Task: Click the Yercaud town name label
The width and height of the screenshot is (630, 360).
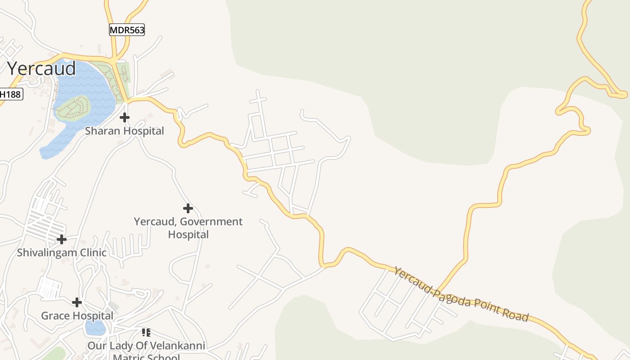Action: point(41,68)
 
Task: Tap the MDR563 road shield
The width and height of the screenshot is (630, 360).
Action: point(127,30)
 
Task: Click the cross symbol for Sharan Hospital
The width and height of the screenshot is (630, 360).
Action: point(125,117)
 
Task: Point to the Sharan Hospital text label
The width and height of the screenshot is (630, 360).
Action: point(125,131)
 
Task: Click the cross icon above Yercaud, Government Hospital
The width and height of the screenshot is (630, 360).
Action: point(188,208)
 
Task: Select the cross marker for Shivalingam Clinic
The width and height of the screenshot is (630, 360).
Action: point(61,239)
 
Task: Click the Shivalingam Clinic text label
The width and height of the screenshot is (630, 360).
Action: point(62,252)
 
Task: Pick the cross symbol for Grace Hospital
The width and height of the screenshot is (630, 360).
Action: point(77,302)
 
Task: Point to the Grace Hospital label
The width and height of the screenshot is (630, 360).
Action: point(77,315)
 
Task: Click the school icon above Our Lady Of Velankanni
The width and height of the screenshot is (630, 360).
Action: point(146,333)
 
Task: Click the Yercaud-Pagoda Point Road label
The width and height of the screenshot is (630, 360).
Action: point(461,293)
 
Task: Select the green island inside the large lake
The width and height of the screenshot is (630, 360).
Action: point(73,107)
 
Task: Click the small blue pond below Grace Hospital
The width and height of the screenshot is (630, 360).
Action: point(95,328)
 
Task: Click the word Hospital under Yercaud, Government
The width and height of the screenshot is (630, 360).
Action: point(188,234)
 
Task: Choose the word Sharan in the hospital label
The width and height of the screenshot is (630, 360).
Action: point(99,131)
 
